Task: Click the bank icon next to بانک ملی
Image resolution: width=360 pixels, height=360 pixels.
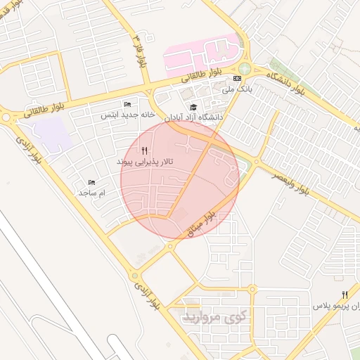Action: (x=238, y=78)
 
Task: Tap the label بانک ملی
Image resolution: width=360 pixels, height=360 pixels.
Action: (x=236, y=89)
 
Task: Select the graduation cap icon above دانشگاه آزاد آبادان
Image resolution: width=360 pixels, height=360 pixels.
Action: (x=193, y=107)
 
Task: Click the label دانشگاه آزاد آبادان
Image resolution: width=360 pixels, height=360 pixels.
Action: (x=193, y=118)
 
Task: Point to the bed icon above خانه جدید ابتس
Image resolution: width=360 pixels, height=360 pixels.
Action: (x=127, y=104)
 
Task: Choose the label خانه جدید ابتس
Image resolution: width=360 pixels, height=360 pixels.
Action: (x=127, y=115)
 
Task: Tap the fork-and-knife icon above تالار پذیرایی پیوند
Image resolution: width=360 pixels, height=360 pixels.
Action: (x=144, y=150)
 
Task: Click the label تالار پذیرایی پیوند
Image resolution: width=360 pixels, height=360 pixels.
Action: (x=144, y=162)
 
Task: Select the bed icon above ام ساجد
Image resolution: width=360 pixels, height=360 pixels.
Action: (x=91, y=182)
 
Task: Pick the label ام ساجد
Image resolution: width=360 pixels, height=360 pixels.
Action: (x=91, y=193)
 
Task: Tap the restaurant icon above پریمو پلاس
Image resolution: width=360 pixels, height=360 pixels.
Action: (x=344, y=294)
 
